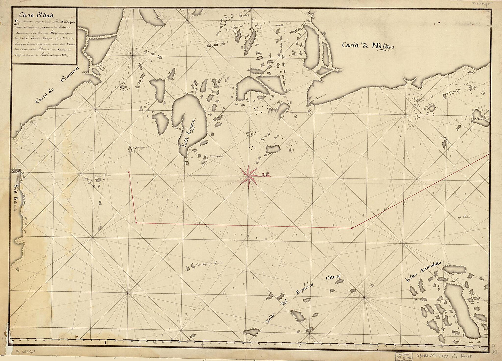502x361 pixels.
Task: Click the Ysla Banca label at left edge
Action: pos(17,195)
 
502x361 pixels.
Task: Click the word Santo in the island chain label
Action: pos(333,277)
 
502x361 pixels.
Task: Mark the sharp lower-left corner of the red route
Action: pos(136,222)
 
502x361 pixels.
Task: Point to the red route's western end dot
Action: pos(129,172)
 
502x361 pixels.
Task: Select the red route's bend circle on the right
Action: pos(352,228)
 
